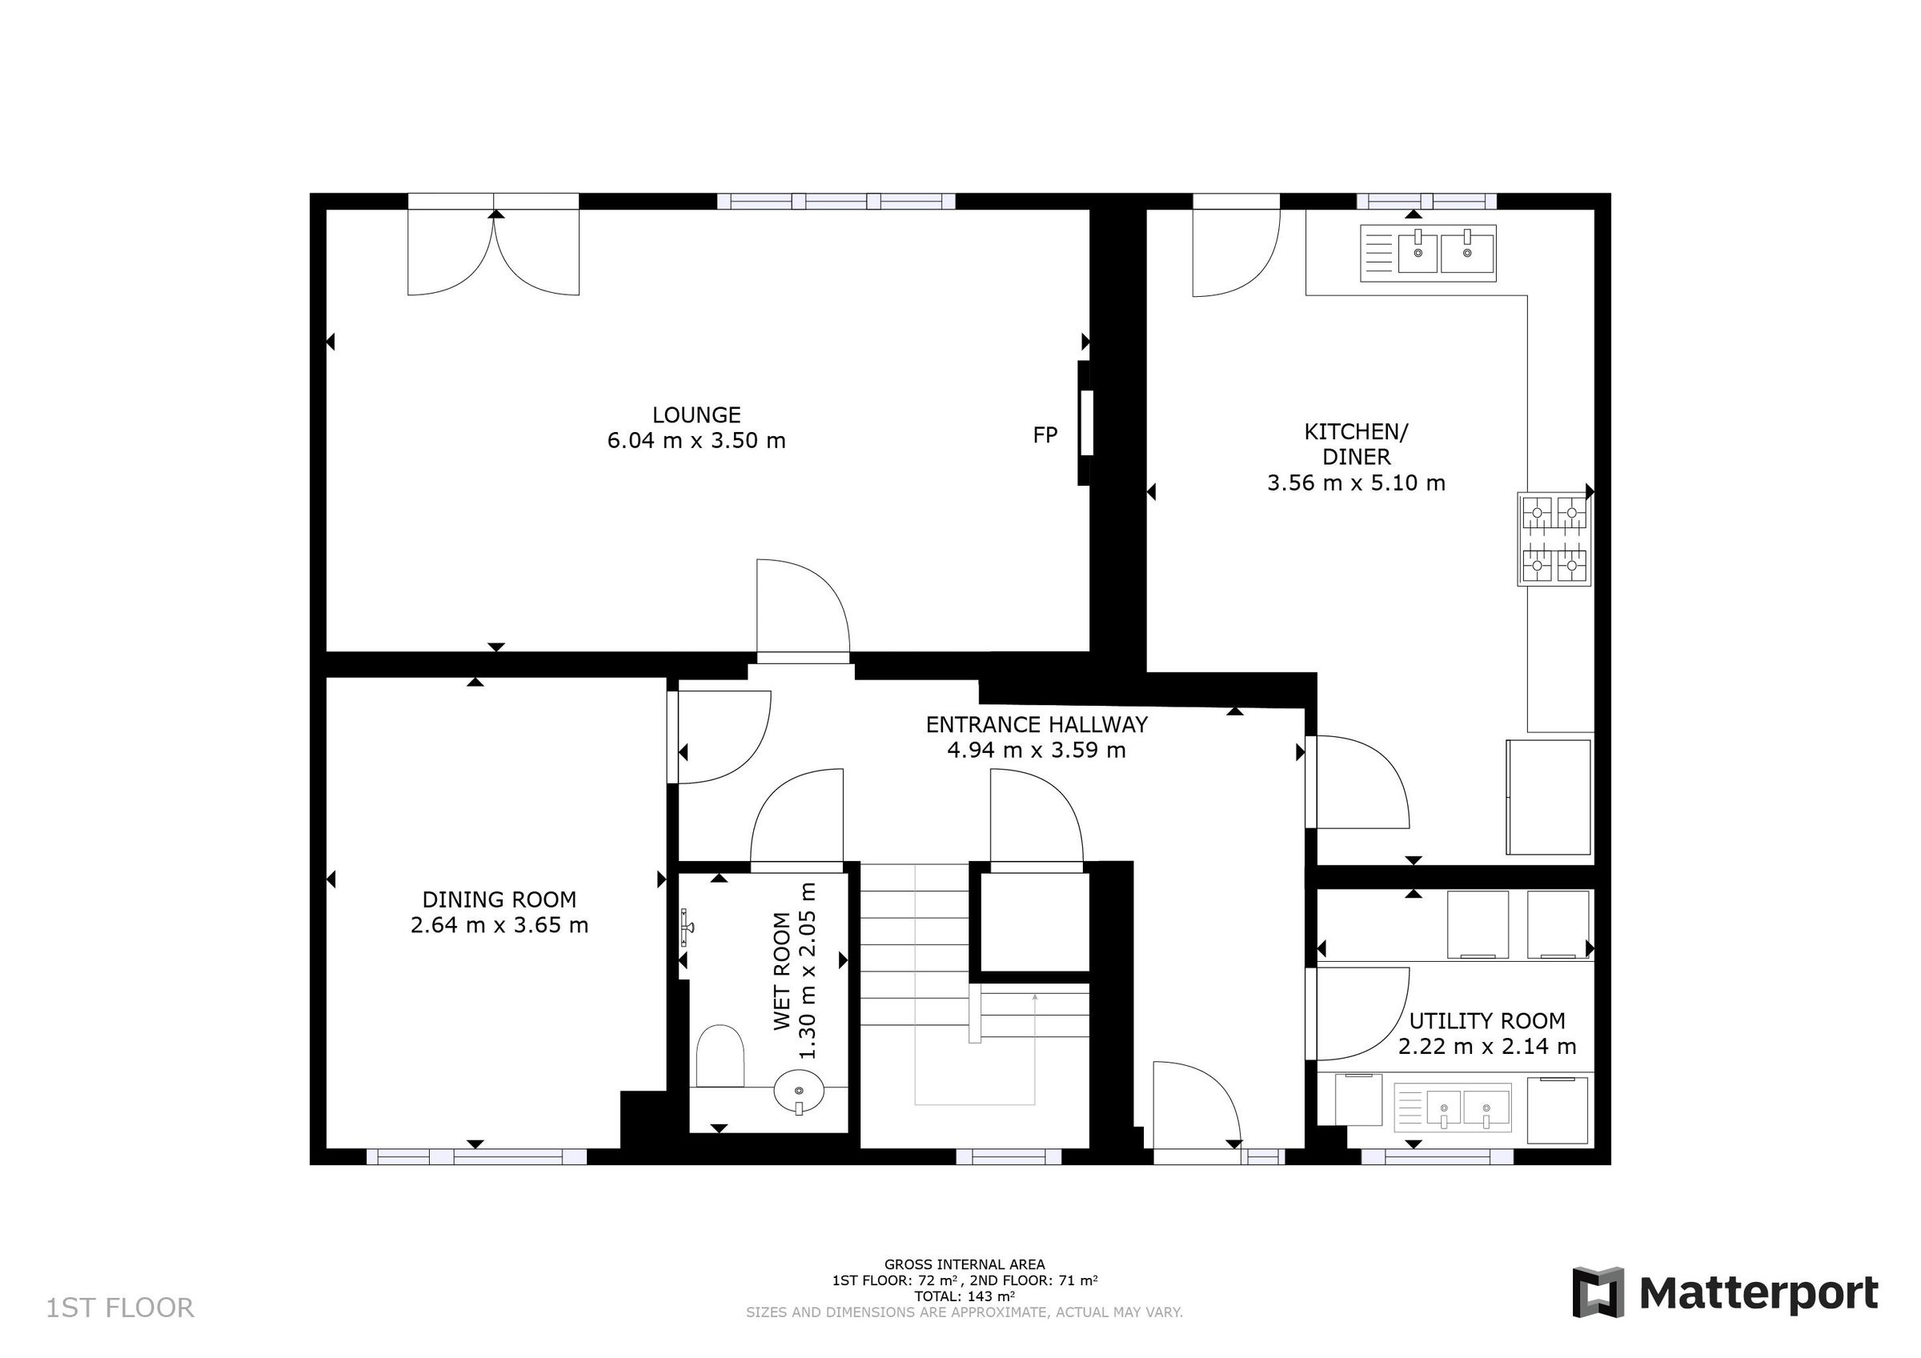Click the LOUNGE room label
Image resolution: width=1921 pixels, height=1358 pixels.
tap(696, 415)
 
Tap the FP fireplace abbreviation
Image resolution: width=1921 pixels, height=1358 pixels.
tap(1045, 435)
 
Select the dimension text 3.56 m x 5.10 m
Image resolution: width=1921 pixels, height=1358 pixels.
tap(1355, 483)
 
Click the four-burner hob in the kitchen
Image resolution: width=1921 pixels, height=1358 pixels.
tap(1554, 539)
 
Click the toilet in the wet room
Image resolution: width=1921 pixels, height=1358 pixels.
tap(720, 1057)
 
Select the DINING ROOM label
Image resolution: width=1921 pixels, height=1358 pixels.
tap(499, 899)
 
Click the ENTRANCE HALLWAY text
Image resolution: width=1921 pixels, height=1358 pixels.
tap(1036, 724)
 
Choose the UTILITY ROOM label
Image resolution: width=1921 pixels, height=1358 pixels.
tap(1486, 1021)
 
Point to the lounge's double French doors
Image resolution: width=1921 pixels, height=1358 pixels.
tap(494, 251)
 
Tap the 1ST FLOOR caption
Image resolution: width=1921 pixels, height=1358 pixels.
tap(119, 1308)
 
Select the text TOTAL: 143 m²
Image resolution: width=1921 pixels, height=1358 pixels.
tap(964, 1296)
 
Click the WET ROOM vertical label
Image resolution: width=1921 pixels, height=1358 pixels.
tap(781, 971)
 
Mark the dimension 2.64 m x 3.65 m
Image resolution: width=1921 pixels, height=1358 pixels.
tap(499, 925)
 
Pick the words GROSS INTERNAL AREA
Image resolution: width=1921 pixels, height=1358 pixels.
tap(964, 1264)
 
